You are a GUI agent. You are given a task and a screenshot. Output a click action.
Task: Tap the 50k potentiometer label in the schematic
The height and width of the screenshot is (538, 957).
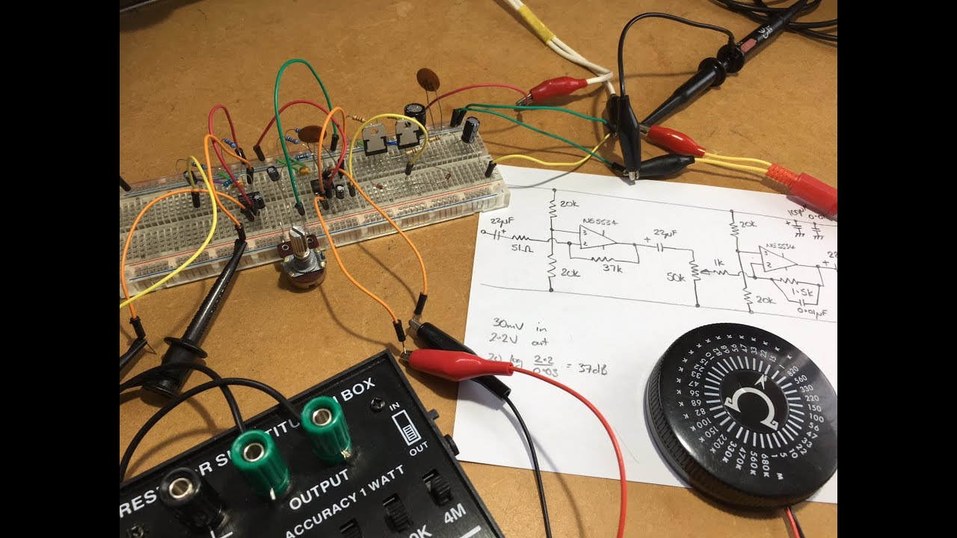click(x=675, y=278)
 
